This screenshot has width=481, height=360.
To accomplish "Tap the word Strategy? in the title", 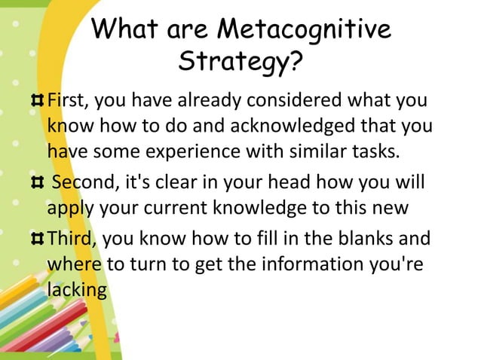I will point(240,64).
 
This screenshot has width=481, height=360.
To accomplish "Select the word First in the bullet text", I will point(65,101).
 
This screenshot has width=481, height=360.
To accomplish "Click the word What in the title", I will point(130,30).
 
